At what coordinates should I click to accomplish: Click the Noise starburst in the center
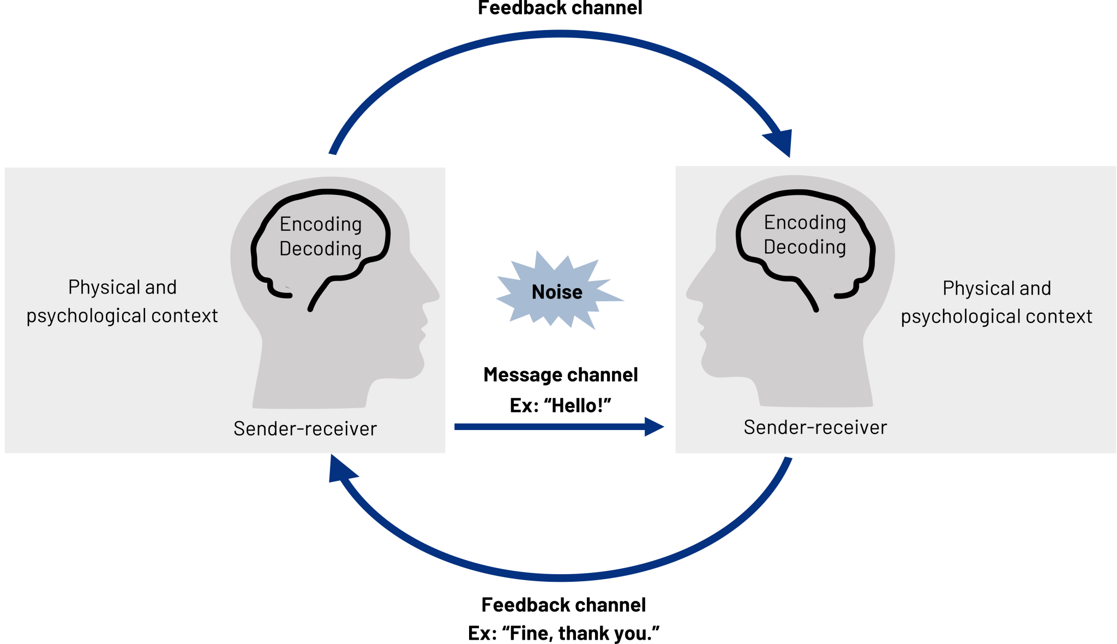tap(557, 292)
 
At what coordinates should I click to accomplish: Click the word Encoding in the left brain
tap(321, 224)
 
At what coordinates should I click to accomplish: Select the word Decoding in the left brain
tap(321, 249)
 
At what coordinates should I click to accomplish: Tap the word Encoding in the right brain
tap(805, 223)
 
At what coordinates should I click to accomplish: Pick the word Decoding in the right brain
tap(805, 247)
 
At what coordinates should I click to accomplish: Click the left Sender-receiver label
tap(305, 429)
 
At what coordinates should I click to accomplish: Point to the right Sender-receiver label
tap(815, 427)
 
